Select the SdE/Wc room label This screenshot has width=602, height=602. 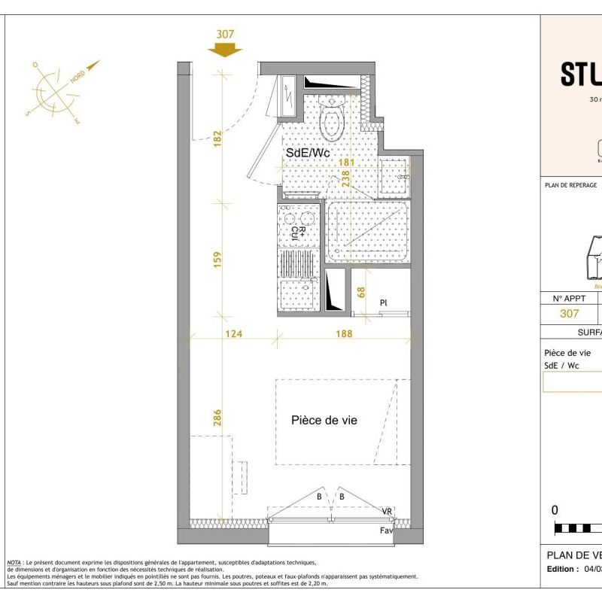(308, 153)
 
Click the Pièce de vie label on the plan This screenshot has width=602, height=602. (324, 421)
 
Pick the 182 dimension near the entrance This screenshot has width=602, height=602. (217, 139)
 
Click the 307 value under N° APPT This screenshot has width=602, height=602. (570, 314)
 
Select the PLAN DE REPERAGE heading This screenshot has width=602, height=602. (570, 185)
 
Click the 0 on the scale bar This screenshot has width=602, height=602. (555, 510)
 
